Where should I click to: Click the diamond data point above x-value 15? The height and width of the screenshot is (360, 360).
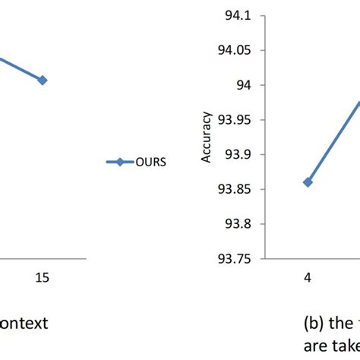pyautogui.click(x=43, y=80)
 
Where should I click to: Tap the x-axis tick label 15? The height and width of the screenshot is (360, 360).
pyautogui.click(x=43, y=278)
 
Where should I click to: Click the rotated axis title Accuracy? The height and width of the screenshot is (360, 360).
pyautogui.click(x=205, y=144)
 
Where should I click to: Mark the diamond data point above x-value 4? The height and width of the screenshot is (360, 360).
pyautogui.click(x=308, y=182)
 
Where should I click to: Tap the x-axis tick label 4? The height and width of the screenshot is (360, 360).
pyautogui.click(x=308, y=278)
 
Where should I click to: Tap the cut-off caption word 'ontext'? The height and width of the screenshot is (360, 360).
pyautogui.click(x=24, y=323)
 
